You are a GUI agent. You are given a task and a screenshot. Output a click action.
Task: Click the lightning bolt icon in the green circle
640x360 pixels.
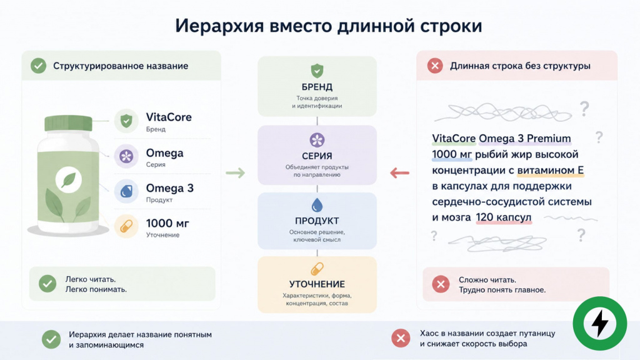tap(600, 323)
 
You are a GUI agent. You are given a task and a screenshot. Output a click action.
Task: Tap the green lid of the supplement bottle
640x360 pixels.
tap(68, 123)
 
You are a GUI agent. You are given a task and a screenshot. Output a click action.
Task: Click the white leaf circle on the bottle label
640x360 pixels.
tap(69, 180)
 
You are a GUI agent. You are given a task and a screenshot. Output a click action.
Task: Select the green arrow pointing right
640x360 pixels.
tap(236, 173)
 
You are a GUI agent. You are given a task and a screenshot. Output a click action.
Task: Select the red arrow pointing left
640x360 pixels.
tap(399, 173)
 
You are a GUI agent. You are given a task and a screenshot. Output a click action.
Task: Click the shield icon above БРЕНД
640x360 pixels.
tap(317, 71)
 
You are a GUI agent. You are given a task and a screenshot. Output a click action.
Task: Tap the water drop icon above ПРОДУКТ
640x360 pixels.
tap(317, 205)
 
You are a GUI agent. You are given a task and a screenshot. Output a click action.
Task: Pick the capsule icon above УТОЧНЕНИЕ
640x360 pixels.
tap(317, 269)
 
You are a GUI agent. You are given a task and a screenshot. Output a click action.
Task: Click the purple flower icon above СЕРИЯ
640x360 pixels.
tap(317, 140)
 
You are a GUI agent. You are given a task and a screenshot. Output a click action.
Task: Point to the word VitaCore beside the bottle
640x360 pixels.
tap(169, 117)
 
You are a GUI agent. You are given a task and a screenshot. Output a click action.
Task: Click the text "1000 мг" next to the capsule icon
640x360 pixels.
tap(167, 223)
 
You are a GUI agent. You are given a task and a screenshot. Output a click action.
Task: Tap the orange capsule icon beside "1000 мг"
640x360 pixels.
tap(126, 226)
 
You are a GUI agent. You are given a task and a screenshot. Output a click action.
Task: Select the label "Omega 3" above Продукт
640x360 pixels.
tap(170, 188)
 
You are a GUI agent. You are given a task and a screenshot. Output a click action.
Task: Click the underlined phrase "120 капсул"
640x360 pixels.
tap(504, 217)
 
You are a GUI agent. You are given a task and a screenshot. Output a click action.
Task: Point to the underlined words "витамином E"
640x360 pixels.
tap(550, 170)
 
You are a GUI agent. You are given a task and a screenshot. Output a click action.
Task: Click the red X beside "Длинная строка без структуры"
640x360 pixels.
tap(435, 66)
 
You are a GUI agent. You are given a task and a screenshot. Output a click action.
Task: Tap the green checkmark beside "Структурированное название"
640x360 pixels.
tap(38, 66)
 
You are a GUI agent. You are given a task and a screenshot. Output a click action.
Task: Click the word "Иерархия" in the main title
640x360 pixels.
tap(219, 25)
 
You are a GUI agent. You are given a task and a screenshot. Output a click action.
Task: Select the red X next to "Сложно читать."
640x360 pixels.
tap(441, 284)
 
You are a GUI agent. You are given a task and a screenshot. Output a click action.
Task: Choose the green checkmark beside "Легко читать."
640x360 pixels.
tap(47, 284)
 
